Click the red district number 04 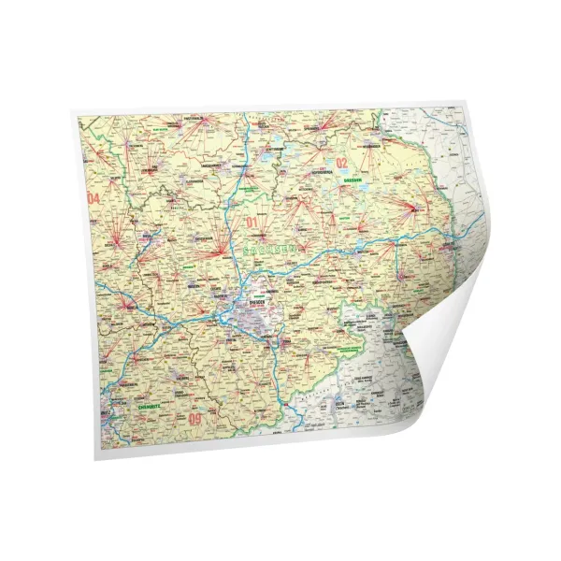click(93, 199)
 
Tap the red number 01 click(251, 223)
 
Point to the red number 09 click(194, 419)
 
